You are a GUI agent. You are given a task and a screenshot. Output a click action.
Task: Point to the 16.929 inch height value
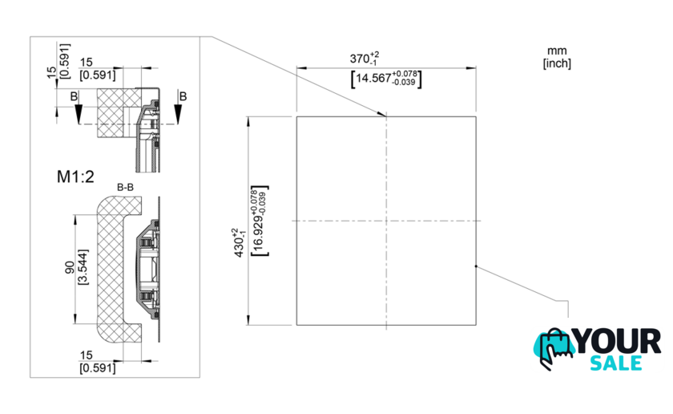(260, 221)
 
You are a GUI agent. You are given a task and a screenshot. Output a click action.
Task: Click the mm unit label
(557, 51)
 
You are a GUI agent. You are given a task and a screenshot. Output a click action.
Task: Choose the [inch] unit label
(557, 63)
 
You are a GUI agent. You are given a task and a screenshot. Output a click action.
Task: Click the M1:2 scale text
(75, 177)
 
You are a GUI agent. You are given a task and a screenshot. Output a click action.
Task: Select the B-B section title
(125, 188)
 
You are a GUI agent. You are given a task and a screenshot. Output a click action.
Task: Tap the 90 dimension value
(70, 267)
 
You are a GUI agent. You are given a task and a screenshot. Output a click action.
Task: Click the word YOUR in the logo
(617, 341)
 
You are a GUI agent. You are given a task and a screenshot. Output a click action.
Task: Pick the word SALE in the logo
(616, 363)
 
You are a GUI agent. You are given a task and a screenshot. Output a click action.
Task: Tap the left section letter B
(75, 96)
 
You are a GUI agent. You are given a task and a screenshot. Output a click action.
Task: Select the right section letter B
(183, 96)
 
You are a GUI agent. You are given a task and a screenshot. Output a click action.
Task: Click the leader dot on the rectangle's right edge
(476, 266)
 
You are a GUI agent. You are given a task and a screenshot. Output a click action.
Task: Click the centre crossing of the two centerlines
(386, 221)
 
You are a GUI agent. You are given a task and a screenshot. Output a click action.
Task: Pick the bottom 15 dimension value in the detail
(86, 355)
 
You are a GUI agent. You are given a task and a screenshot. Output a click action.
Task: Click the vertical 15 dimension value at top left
(51, 72)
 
